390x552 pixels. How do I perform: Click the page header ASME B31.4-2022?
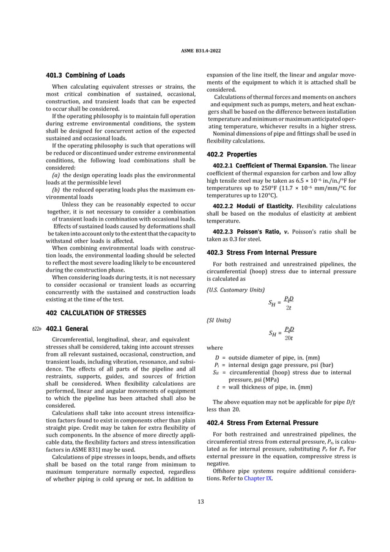[x=195, y=46]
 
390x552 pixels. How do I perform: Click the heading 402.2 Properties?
[x=232, y=154]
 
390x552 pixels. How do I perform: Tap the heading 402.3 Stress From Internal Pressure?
[x=262, y=252]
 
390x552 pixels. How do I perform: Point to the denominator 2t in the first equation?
[x=289, y=308]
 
